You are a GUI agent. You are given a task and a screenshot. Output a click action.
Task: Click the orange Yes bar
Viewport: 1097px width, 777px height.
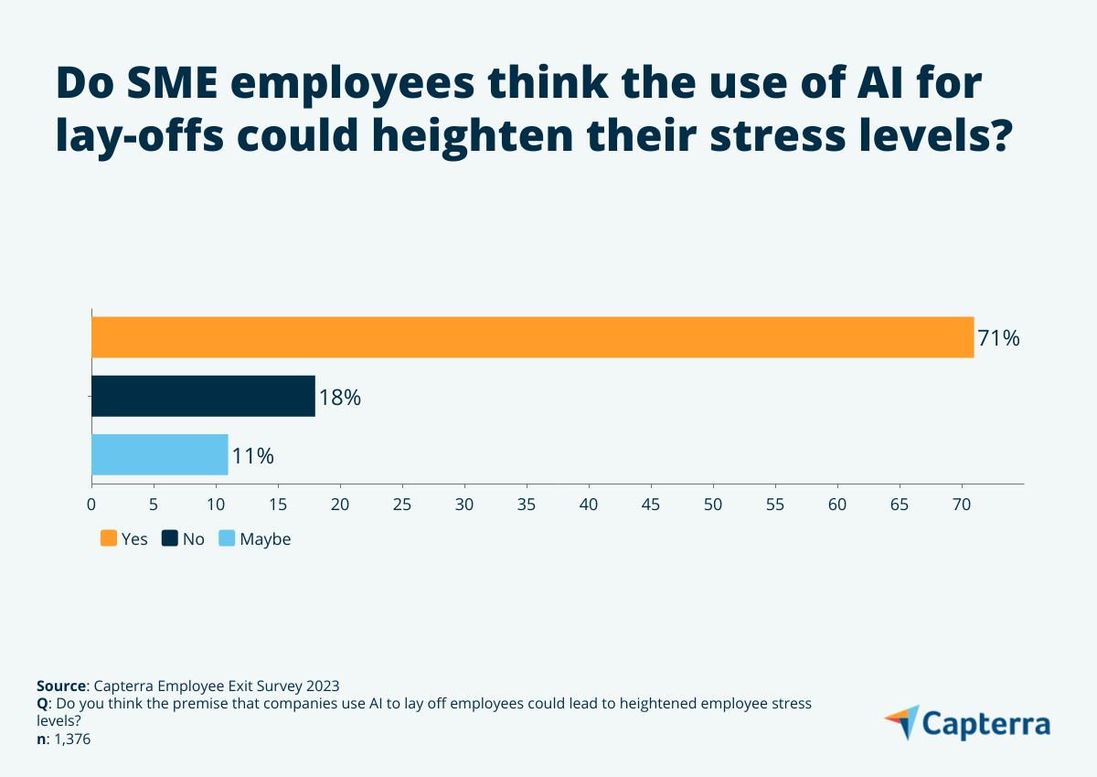[532, 337]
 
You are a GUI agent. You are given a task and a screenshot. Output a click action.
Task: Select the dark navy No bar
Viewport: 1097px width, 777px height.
[203, 396]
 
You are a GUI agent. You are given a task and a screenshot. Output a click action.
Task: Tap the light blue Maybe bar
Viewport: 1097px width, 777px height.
[159, 454]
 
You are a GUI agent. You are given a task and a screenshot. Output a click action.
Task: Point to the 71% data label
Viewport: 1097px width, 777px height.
[998, 338]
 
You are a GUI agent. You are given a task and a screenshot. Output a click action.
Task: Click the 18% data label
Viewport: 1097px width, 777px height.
[340, 398]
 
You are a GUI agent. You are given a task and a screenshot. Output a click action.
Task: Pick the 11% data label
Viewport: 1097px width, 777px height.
[253, 455]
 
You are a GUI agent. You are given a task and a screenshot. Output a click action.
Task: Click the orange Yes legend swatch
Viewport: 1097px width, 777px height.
[109, 538]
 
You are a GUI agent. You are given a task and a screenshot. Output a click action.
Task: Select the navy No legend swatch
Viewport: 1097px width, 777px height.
[170, 538]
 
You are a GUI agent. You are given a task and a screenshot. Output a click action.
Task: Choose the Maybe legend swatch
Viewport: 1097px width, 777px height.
[228, 538]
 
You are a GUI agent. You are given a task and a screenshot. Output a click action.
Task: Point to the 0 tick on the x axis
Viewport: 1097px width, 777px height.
[91, 504]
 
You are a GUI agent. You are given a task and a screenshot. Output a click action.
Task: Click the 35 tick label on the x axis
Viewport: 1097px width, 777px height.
[527, 504]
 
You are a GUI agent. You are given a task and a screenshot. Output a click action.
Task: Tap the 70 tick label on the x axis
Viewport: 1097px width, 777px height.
[962, 504]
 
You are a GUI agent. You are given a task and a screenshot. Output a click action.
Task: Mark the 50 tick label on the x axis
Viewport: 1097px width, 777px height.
[713, 504]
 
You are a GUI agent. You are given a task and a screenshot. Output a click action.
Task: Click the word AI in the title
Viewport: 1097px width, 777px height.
[872, 84]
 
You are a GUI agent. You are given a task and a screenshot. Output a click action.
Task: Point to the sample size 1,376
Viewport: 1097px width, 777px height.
[70, 740]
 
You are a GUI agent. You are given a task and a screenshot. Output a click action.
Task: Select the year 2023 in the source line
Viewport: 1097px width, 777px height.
[321, 686]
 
